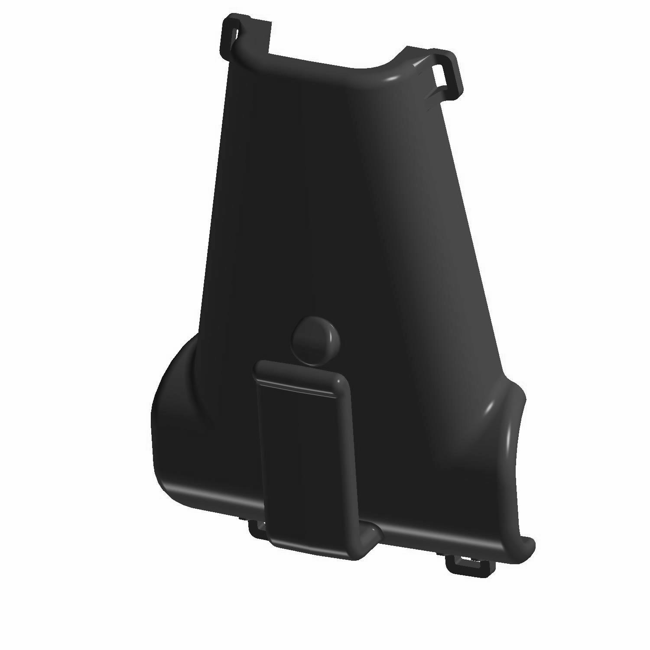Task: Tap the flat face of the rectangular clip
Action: (303, 459)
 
